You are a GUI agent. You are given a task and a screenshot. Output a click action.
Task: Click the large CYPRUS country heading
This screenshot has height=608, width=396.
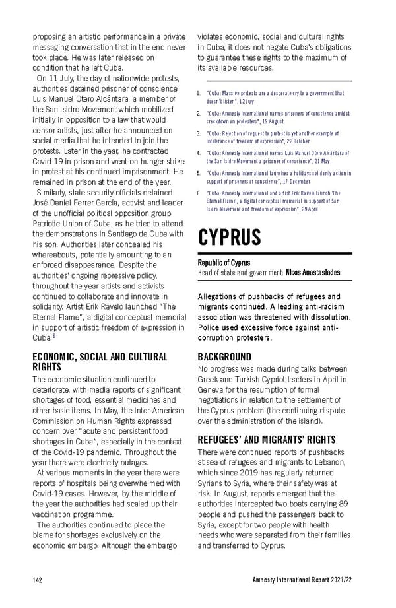pyautogui.click(x=230, y=237)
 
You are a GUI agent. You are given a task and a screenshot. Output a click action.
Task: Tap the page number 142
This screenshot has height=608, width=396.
pyautogui.click(x=38, y=580)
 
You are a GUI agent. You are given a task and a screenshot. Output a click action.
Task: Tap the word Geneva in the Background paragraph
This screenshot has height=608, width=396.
pyautogui.click(x=213, y=389)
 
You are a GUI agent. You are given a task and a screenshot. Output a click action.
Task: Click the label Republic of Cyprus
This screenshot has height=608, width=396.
pyautogui.click(x=224, y=262)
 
